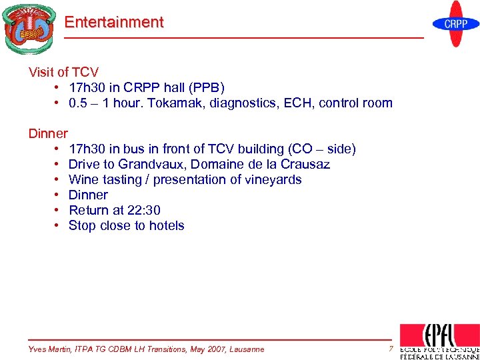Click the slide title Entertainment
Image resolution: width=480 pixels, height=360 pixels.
(x=113, y=22)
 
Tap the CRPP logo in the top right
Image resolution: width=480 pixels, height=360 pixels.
(x=456, y=24)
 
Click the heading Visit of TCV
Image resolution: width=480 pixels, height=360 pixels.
(x=63, y=73)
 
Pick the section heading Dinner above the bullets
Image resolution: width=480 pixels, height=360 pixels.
(x=48, y=134)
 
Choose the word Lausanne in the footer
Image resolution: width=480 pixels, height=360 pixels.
(x=245, y=349)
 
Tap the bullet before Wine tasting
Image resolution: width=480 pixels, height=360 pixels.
(x=59, y=180)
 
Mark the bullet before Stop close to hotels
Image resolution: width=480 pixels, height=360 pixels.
(x=59, y=226)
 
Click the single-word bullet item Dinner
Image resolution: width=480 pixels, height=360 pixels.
(x=88, y=195)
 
